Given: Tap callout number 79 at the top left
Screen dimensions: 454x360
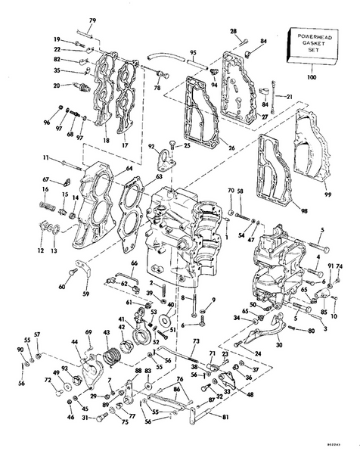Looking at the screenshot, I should pyautogui.click(x=92, y=20).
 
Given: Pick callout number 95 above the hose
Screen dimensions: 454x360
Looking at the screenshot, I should pyautogui.click(x=193, y=53).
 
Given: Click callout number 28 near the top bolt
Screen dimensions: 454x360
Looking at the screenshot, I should pyautogui.click(x=234, y=31).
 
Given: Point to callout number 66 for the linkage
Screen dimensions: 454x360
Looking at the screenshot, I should pyautogui.click(x=135, y=264).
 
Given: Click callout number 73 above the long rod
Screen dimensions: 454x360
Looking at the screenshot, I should pyautogui.click(x=195, y=341).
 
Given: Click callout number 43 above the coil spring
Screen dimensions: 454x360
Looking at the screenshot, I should pyautogui.click(x=105, y=334).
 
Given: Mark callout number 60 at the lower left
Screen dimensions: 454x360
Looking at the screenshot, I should pyautogui.click(x=61, y=287).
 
